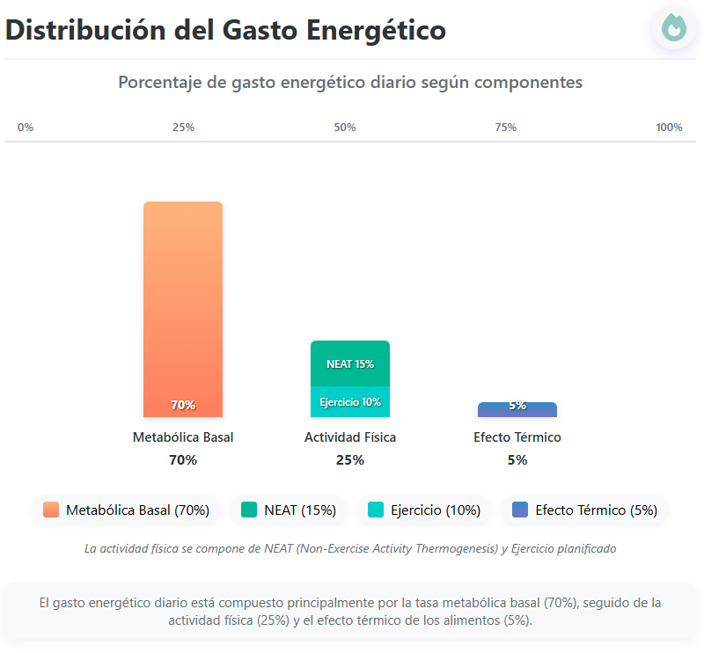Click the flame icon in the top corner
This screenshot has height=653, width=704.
click(674, 28)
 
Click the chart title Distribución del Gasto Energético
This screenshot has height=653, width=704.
click(225, 30)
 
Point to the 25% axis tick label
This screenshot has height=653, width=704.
click(183, 128)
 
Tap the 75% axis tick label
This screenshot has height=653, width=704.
click(506, 128)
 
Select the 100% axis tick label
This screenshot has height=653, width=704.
click(669, 128)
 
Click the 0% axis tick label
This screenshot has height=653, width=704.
click(26, 128)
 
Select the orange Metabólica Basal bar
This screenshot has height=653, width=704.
click(183, 308)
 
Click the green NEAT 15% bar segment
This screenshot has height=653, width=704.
click(350, 363)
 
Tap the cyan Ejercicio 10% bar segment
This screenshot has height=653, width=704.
click(350, 401)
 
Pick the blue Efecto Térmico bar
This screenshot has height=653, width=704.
click(517, 409)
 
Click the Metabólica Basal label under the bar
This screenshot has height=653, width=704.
click(183, 437)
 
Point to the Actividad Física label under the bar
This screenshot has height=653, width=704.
click(350, 437)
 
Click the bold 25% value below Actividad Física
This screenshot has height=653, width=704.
click(350, 459)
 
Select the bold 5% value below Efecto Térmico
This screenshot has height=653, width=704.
click(517, 459)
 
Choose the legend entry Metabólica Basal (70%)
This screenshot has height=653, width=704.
click(127, 510)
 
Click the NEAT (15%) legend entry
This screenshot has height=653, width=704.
click(290, 510)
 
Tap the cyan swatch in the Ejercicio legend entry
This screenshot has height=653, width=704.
click(376, 510)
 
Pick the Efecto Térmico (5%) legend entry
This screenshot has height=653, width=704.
click(585, 510)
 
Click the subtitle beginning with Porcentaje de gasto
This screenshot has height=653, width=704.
click(350, 82)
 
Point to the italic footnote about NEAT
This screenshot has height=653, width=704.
click(350, 548)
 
